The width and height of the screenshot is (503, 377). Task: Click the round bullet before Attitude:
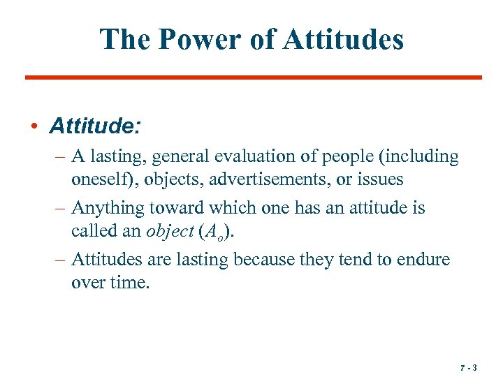[34, 127]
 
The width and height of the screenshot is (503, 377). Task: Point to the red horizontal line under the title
[253, 77]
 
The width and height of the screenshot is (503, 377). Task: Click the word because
[265, 260]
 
